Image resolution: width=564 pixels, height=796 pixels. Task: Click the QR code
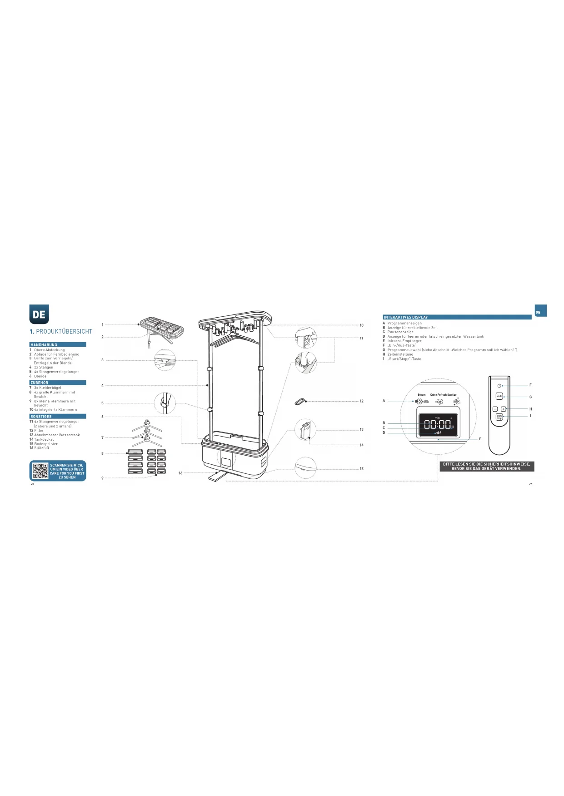pos(40,471)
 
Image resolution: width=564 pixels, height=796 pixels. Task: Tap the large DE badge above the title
pos(39,314)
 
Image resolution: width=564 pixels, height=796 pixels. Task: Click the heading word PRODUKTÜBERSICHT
pos(64,332)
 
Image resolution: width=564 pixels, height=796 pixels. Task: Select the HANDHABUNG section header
pos(44,345)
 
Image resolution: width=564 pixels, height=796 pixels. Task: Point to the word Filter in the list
pos(39,431)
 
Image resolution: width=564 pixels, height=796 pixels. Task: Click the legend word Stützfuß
pos(42,448)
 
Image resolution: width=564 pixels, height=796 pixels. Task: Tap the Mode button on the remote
pos(499,396)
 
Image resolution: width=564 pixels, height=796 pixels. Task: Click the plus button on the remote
pos(503,409)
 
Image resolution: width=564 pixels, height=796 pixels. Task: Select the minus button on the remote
pos(495,409)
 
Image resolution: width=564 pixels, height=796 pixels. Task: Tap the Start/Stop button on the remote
pos(499,417)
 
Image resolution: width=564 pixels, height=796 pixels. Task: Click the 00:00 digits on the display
pos(438,425)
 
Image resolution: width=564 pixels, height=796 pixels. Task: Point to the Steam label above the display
pos(422,395)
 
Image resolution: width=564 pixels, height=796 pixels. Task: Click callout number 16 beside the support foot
pos(180,473)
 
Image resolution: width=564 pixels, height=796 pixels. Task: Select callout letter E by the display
pos(480,439)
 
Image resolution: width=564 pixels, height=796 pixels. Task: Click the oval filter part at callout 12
pos(299,401)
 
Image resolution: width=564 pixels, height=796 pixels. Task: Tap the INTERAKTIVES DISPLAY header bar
pos(457,317)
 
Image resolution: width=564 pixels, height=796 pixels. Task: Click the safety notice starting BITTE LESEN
pos(486,467)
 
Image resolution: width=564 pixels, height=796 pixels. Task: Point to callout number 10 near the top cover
pos(361,325)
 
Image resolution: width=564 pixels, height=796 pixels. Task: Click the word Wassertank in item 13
pos(70,435)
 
